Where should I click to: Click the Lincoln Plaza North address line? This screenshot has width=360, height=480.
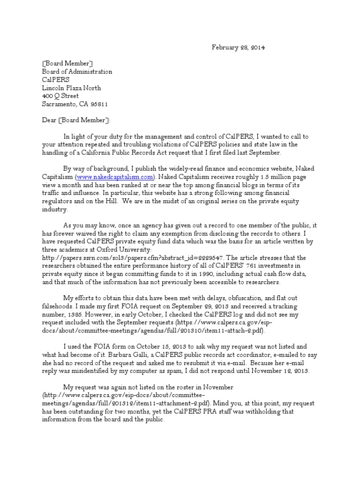(x=72, y=88)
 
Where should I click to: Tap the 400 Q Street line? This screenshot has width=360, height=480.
(x=61, y=96)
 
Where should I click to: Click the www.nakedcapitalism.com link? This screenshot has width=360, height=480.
(x=114, y=177)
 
